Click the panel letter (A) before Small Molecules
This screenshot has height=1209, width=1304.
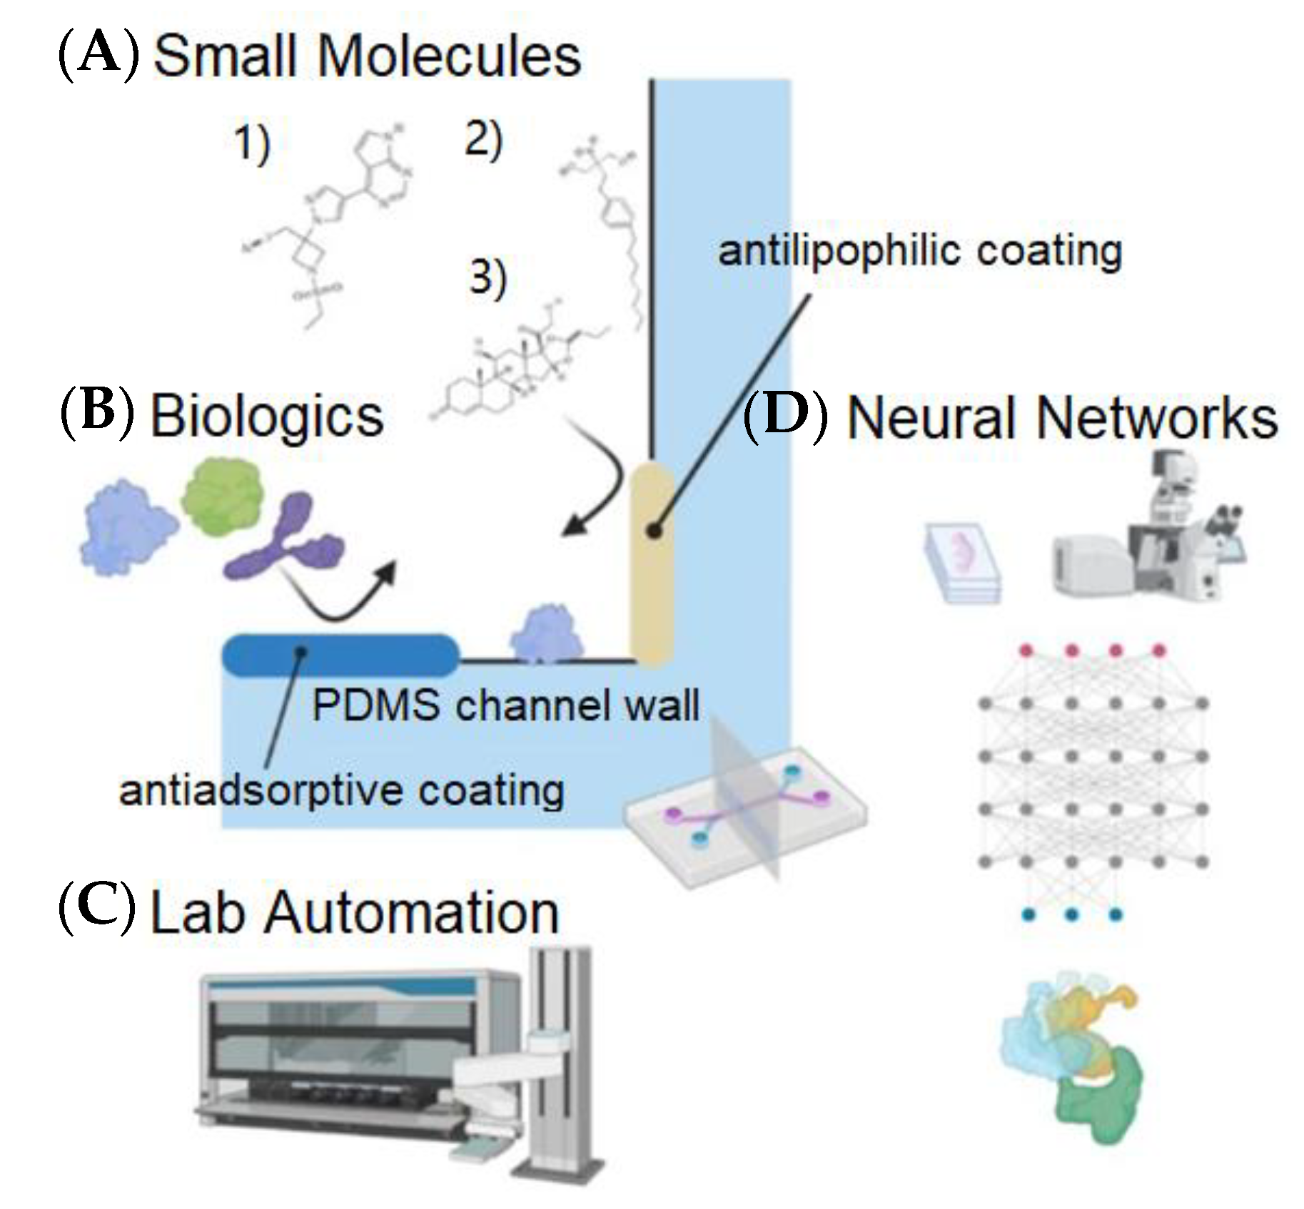pos(98,56)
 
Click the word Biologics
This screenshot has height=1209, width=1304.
pos(267,417)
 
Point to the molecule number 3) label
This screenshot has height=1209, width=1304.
pos(487,278)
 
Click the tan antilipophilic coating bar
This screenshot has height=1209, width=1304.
pos(652,563)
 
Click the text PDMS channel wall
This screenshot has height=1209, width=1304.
pos(505,706)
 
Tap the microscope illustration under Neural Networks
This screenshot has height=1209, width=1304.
pos(1171,528)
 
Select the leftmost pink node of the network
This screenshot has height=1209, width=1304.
pos(1026,651)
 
